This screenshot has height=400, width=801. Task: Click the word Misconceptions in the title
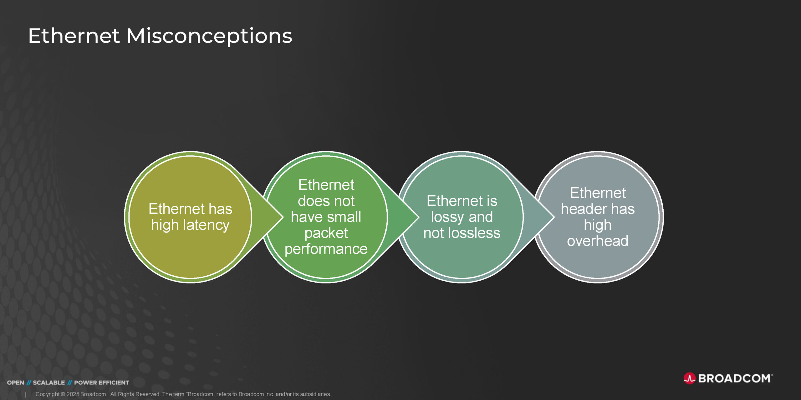(209, 36)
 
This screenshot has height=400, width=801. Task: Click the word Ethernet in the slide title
(74, 35)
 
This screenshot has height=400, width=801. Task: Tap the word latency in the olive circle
(206, 225)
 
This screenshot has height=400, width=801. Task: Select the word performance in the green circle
(326, 249)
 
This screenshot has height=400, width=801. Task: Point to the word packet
(326, 233)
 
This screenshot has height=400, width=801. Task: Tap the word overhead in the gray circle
(598, 241)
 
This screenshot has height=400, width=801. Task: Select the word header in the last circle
(584, 209)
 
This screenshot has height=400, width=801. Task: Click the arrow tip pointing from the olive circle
(283, 217)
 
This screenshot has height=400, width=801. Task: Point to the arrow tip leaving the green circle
(419, 217)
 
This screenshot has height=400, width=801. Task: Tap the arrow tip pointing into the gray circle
(554, 217)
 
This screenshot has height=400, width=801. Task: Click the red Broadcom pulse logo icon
(689, 378)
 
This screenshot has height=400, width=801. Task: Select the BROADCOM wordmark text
(734, 378)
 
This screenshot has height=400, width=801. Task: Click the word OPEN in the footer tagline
(16, 382)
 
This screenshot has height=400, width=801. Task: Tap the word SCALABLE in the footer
(49, 382)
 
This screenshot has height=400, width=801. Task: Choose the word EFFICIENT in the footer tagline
(114, 382)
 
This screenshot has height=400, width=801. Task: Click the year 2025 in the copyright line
(73, 394)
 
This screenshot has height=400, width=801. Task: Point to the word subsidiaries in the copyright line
(315, 394)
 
